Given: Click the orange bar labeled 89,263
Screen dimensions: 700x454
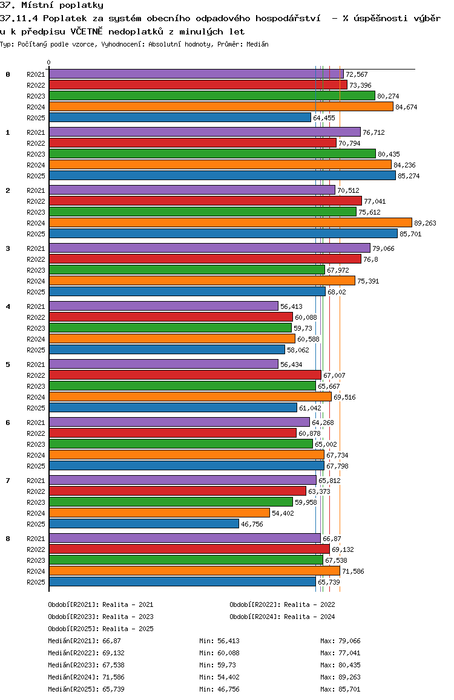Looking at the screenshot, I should [x=230, y=222].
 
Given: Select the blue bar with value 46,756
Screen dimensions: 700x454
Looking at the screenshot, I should [x=144, y=523].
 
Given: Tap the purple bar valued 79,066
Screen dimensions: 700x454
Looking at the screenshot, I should [x=209, y=248].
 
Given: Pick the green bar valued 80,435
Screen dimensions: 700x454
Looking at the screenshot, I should [x=212, y=154].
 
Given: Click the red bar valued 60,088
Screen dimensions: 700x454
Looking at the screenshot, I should [x=171, y=317].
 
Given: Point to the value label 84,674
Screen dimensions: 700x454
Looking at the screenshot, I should [x=406, y=107].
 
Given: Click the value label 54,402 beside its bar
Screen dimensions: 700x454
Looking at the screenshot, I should [x=283, y=513].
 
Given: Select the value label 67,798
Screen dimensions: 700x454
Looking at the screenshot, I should [x=337, y=466].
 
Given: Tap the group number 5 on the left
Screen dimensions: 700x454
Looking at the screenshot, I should [x=8, y=365].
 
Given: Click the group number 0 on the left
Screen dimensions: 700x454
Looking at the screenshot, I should [x=8, y=74].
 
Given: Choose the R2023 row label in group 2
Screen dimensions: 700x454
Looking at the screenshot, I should [x=36, y=212].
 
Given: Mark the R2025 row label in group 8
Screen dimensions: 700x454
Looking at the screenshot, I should [x=36, y=582].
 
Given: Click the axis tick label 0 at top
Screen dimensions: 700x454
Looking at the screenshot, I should [x=49, y=62].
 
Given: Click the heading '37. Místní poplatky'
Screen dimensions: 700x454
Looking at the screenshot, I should [x=52, y=5].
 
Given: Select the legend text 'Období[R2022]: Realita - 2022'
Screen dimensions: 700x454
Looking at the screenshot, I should [x=282, y=604].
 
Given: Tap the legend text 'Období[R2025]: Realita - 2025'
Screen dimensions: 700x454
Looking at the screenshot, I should [x=100, y=629].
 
